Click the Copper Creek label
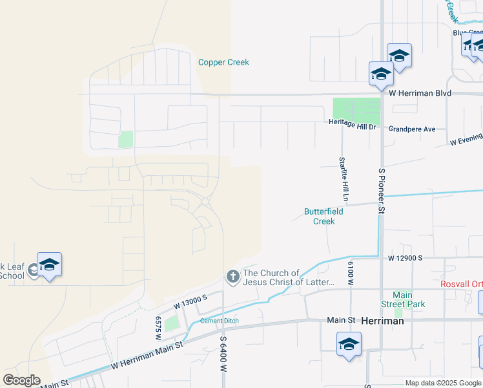(x=223, y=63)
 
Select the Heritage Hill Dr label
(x=352, y=126)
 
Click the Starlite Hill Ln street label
(x=345, y=178)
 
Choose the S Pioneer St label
(x=382, y=191)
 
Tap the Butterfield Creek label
(x=324, y=216)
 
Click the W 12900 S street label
(x=405, y=258)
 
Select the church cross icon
(x=232, y=277)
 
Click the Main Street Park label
(x=402, y=299)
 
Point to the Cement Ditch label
(x=220, y=321)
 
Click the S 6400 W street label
(x=223, y=353)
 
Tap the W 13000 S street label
(x=190, y=299)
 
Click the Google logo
(x=21, y=380)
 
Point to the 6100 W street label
(x=351, y=274)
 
